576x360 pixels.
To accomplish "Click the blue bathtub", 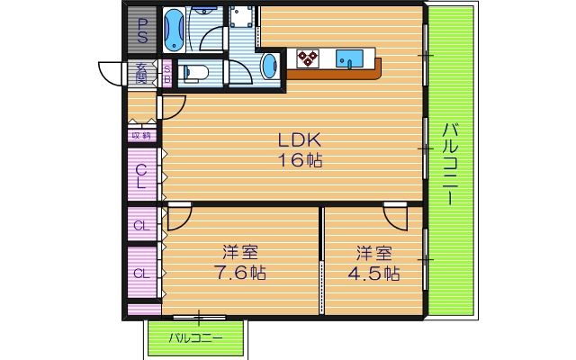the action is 174,30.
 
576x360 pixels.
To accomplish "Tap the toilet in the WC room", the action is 194,72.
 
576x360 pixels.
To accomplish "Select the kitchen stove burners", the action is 307,58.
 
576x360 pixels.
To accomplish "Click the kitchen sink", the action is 349,58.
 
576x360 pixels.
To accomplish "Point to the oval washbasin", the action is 270,66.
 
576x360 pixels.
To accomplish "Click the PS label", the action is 142,31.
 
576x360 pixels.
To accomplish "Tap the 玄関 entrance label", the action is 141,73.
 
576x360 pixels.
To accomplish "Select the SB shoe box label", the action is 167,74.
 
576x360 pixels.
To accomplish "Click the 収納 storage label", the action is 141,136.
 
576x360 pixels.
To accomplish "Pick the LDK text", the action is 300,140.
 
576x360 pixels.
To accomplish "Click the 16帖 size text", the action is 300,160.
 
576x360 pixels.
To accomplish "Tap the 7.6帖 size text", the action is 240,273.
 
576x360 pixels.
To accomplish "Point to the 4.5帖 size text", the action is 373,274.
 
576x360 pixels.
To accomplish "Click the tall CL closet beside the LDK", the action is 142,174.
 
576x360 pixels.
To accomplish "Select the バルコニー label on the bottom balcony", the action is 195,338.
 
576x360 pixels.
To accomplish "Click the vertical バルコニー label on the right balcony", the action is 450,164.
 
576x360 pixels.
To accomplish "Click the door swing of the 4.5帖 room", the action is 394,218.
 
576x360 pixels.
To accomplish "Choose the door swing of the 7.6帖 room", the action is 180,218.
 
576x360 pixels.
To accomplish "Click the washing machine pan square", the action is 241,16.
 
